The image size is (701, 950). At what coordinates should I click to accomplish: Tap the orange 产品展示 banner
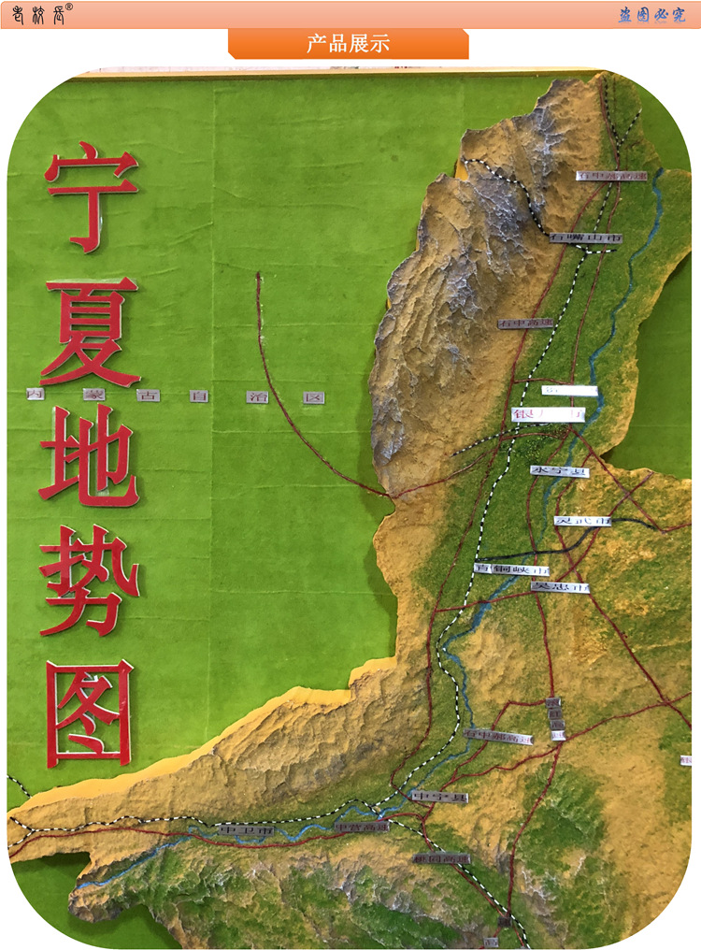coord(348,44)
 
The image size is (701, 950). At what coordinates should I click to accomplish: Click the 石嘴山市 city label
coord(585,238)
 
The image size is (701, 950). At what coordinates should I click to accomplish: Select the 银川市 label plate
coord(549,413)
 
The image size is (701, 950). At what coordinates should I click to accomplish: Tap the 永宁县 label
coord(560,471)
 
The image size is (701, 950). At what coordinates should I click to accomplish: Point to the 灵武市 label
coord(582,520)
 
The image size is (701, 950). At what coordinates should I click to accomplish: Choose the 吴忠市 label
coord(560,587)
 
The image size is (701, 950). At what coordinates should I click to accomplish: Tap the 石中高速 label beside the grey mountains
coord(526,324)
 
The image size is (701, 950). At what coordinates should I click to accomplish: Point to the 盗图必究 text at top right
coord(651,15)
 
